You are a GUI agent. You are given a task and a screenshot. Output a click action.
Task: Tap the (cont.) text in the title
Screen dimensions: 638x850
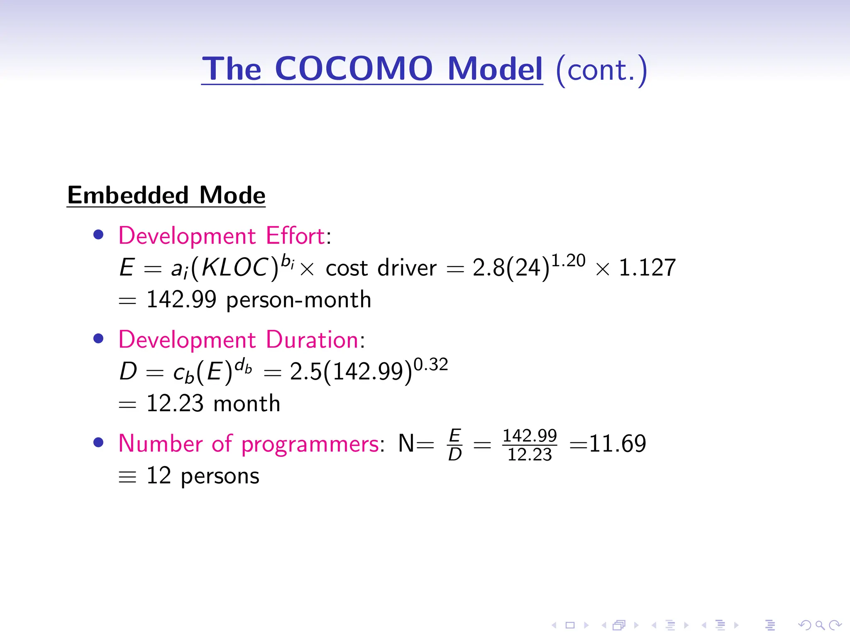[601, 70]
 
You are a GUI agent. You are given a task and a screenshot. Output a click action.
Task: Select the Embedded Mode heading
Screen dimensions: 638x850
[166, 195]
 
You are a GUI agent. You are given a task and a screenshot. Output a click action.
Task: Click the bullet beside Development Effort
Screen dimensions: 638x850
[98, 235]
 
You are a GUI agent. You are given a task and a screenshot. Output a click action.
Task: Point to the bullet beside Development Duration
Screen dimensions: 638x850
[98, 339]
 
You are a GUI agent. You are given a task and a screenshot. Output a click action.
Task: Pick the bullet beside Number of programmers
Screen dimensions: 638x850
[98, 442]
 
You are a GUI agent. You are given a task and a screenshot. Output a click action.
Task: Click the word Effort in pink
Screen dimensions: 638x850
[295, 236]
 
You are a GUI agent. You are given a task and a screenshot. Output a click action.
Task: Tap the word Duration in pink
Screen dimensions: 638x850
[312, 339]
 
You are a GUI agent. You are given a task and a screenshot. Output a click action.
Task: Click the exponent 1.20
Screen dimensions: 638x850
[568, 260]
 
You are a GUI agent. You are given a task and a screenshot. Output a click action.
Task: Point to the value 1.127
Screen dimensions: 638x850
[647, 267]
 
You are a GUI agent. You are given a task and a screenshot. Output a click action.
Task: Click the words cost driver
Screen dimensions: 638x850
[381, 268]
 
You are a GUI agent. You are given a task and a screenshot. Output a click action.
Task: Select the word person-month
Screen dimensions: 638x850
[298, 300]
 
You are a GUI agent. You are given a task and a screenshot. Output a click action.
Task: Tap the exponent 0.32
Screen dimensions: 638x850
[431, 365]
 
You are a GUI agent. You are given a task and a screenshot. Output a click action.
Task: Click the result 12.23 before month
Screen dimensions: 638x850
[175, 403]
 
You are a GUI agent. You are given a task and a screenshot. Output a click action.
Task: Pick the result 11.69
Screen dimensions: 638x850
[617, 444]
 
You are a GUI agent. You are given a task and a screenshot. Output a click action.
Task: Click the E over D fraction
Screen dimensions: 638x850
[455, 445]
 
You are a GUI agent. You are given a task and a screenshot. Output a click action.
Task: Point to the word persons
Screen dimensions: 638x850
[220, 476]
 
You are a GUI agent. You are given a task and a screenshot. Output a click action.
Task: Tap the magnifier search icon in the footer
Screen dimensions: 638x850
[820, 625]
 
